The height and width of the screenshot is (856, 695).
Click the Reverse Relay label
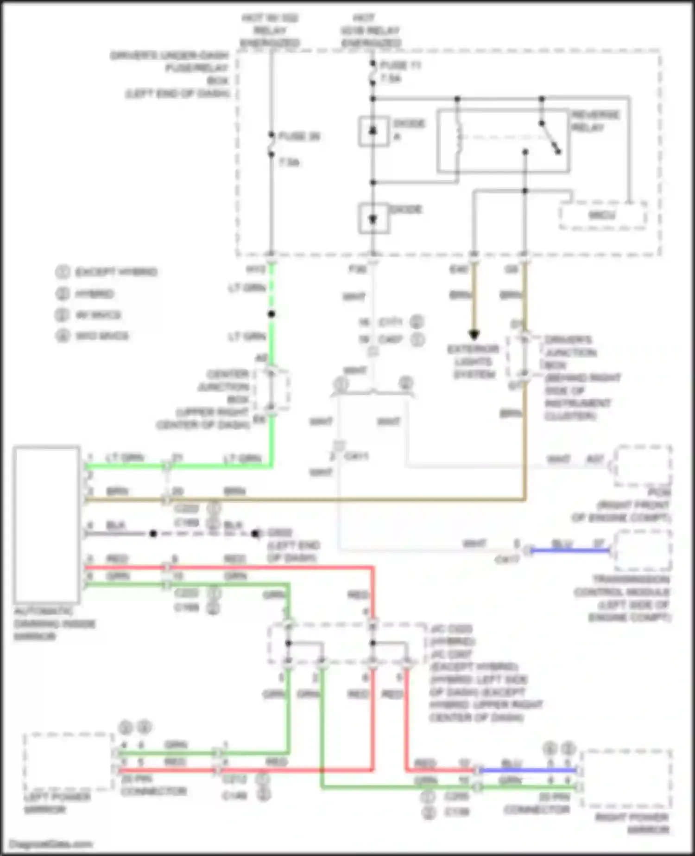tap(595, 121)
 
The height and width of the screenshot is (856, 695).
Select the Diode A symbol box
tap(373, 131)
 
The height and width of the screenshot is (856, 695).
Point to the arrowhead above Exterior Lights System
tap(474, 334)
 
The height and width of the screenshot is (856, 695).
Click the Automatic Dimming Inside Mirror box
tap(46, 524)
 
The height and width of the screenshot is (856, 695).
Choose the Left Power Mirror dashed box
tap(68, 761)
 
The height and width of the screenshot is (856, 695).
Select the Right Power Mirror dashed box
tap(626, 779)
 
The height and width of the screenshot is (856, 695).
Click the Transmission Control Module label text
tap(622, 598)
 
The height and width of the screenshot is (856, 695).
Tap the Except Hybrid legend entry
tap(107, 272)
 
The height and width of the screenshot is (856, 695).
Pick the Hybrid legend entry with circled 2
tap(86, 294)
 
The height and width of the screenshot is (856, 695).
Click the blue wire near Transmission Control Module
tap(570, 551)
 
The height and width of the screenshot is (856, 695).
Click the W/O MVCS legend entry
tap(93, 335)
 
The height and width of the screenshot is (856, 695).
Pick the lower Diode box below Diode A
tap(373, 218)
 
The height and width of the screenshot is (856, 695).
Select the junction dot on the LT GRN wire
tap(272, 314)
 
